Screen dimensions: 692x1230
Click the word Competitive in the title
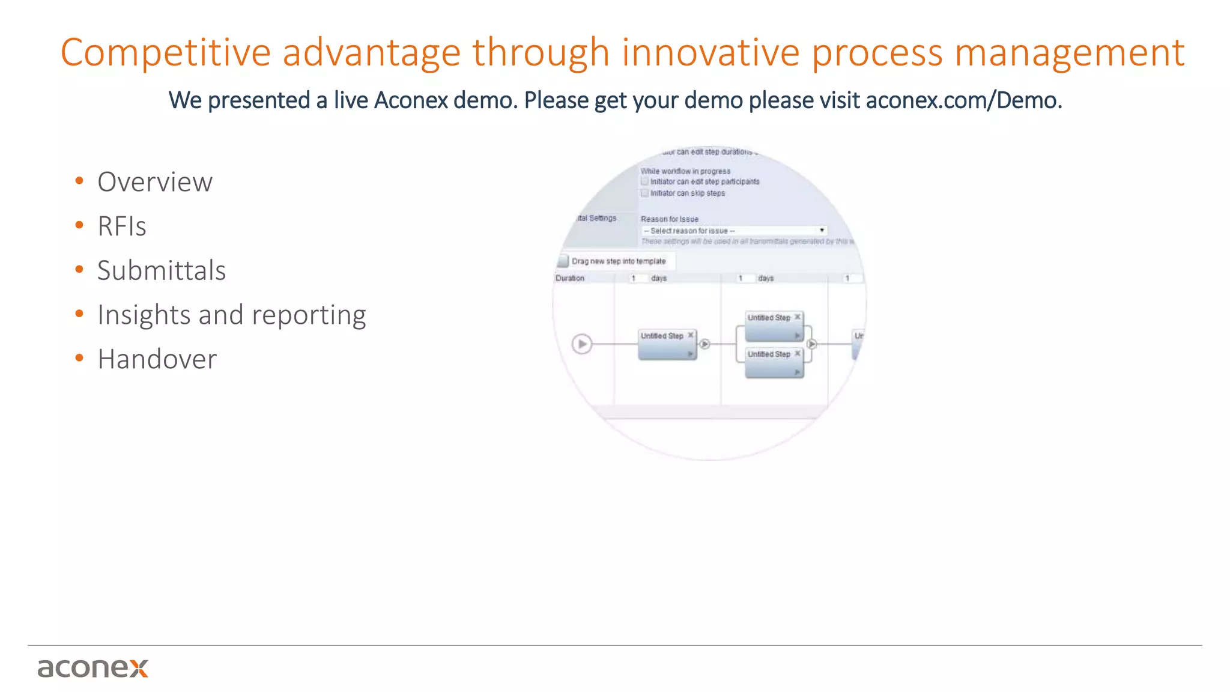pyautogui.click(x=165, y=53)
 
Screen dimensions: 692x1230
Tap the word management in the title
pyautogui.click(x=1069, y=53)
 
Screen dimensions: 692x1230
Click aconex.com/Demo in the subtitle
pyautogui.click(x=963, y=100)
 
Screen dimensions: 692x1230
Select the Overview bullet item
pyautogui.click(x=155, y=182)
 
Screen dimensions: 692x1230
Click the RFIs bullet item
pyautogui.click(x=122, y=226)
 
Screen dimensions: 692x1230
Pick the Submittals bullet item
pyautogui.click(x=162, y=270)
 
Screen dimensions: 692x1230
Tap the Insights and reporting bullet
pyautogui.click(x=232, y=315)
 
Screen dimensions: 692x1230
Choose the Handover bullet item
pyautogui.click(x=157, y=359)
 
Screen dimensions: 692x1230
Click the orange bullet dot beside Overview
pyautogui.click(x=79, y=181)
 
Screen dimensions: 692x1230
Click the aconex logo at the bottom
pyautogui.click(x=92, y=668)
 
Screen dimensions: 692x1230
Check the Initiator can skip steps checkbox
pyautogui.click(x=644, y=193)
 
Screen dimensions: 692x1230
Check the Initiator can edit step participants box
pyautogui.click(x=644, y=181)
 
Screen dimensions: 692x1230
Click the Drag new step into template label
pyautogui.click(x=618, y=261)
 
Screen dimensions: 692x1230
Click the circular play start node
pyautogui.click(x=581, y=344)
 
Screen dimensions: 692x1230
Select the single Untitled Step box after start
pyautogui.click(x=667, y=344)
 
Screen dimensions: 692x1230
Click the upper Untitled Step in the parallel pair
pyautogui.click(x=774, y=325)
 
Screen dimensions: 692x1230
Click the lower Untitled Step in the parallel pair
pyautogui.click(x=774, y=362)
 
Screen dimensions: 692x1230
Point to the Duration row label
pyautogui.click(x=570, y=278)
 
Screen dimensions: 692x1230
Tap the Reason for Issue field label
pyautogui.click(x=669, y=219)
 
